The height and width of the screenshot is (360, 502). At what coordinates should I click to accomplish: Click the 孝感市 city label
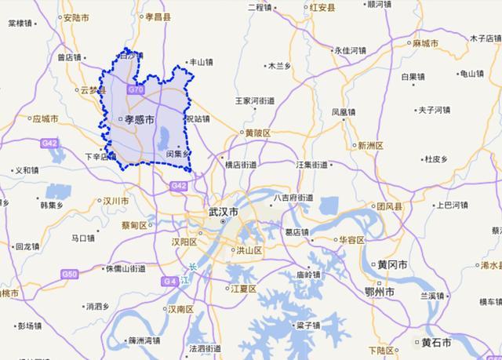(x=137, y=119)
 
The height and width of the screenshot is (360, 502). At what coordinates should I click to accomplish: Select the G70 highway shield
(x=136, y=90)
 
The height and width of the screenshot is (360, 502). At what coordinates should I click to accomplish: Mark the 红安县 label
(x=320, y=8)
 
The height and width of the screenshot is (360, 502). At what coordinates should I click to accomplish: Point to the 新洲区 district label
(x=370, y=145)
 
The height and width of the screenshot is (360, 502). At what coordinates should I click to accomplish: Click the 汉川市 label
(x=115, y=202)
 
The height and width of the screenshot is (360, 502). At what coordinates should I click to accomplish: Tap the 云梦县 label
(x=92, y=90)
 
